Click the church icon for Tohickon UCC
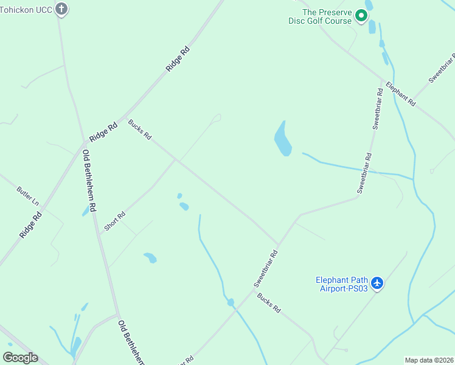point(61,9)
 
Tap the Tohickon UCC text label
point(26,9)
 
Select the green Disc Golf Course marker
point(361,16)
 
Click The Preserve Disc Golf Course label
point(321,16)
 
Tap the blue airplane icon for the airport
point(377,283)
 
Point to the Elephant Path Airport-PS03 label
point(342,284)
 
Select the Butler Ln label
point(28,194)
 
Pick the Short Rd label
point(114,220)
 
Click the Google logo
point(21,358)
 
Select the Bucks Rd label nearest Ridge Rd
point(139,129)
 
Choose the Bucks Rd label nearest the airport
point(268,302)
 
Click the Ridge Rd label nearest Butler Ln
point(30,224)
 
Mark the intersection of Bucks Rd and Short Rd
point(176,160)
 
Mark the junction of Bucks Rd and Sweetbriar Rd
point(279,244)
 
